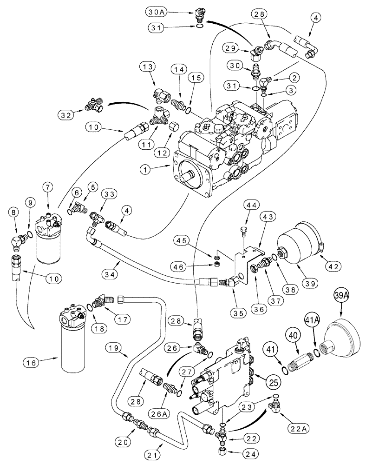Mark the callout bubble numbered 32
point(67,113)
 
